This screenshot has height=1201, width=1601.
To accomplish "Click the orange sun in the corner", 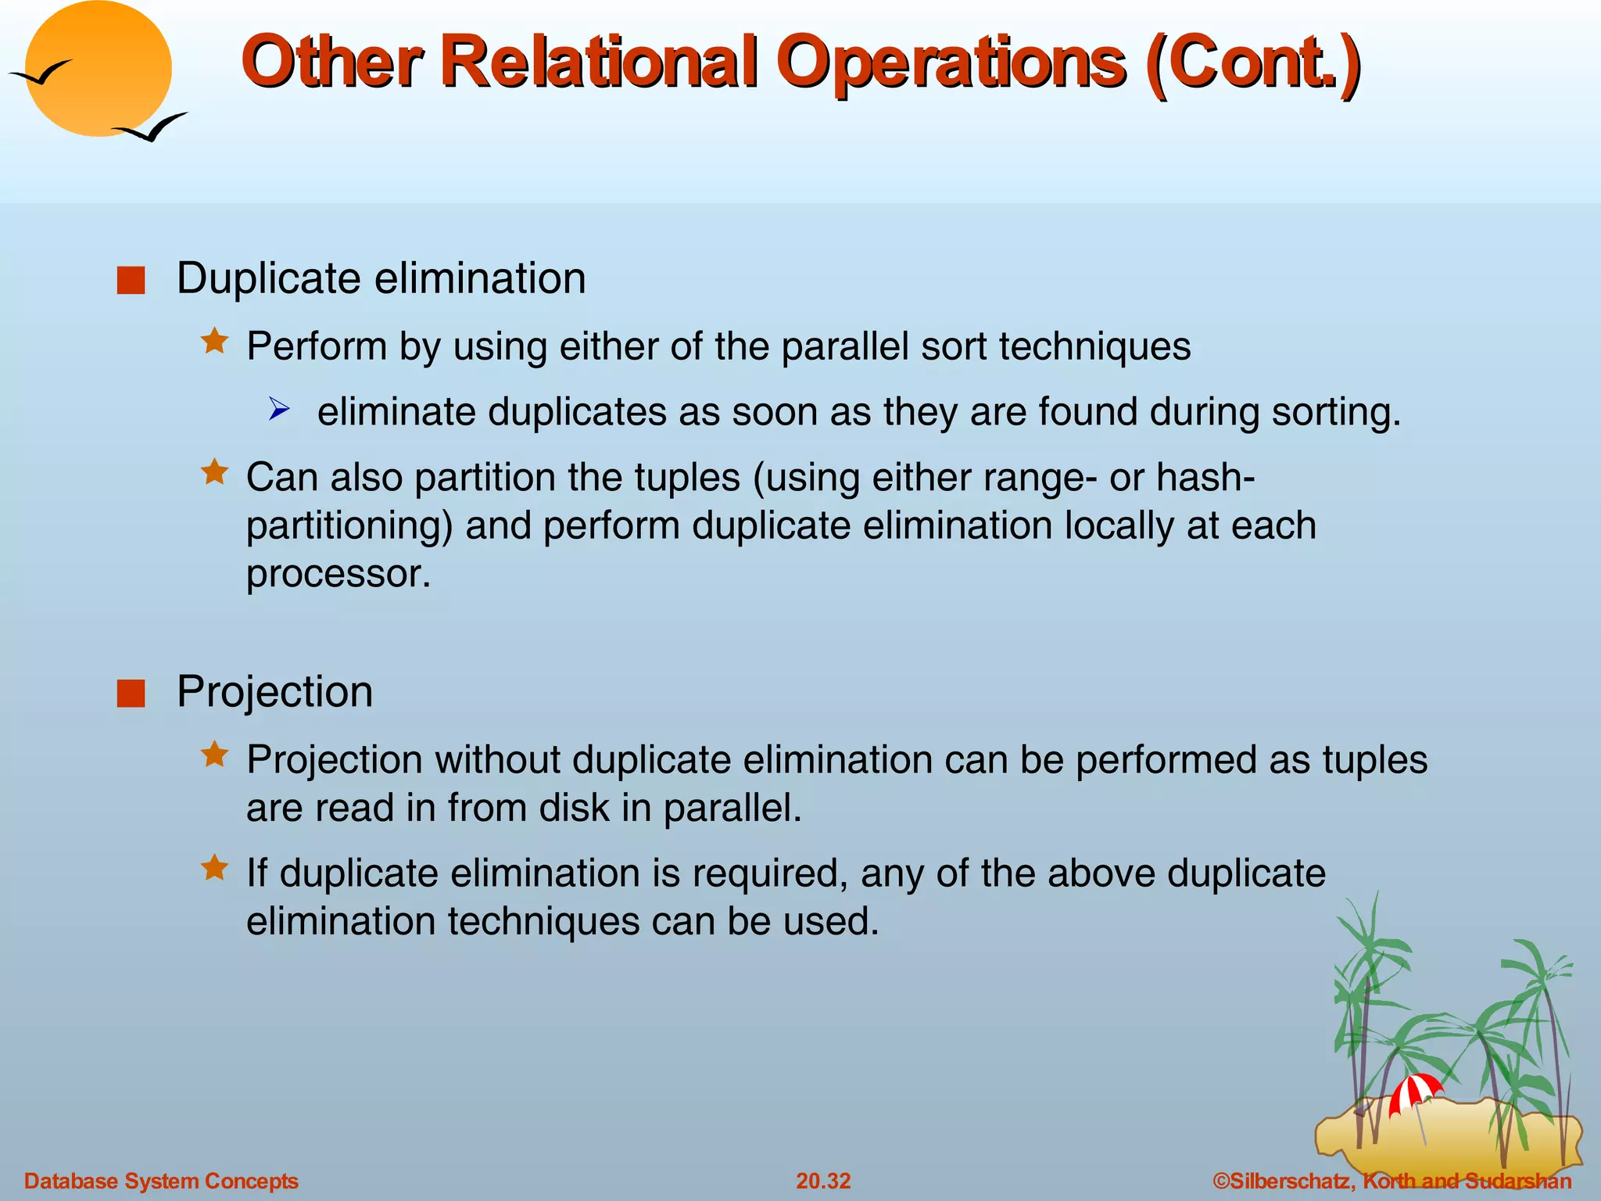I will tap(98, 69).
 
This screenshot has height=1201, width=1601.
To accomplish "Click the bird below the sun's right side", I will tap(151, 127).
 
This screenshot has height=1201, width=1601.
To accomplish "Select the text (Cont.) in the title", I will tap(1254, 63).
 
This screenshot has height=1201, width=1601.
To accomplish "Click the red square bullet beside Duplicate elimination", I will tap(131, 280).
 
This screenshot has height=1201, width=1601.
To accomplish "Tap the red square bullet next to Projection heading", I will tap(131, 693).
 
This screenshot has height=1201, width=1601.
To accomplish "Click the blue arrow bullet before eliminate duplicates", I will tap(279, 409).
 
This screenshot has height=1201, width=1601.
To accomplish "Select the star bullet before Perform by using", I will tap(214, 342).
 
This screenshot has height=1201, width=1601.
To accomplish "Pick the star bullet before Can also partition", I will tap(214, 472).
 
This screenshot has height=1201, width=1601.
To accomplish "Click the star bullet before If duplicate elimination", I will tap(214, 868).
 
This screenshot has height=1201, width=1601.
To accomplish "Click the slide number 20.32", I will tap(823, 1181).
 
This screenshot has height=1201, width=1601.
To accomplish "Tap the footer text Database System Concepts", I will tap(161, 1181).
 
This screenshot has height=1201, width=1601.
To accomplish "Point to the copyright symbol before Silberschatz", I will tap(1221, 1181).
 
